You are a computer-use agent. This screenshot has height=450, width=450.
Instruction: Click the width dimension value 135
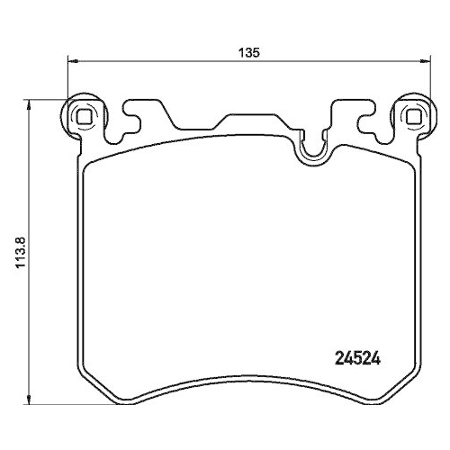click(x=249, y=53)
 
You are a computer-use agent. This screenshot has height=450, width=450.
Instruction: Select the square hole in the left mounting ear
click(x=84, y=116)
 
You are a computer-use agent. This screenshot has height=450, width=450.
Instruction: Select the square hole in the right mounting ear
click(x=414, y=116)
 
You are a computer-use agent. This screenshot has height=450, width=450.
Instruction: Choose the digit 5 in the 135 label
click(x=256, y=53)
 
